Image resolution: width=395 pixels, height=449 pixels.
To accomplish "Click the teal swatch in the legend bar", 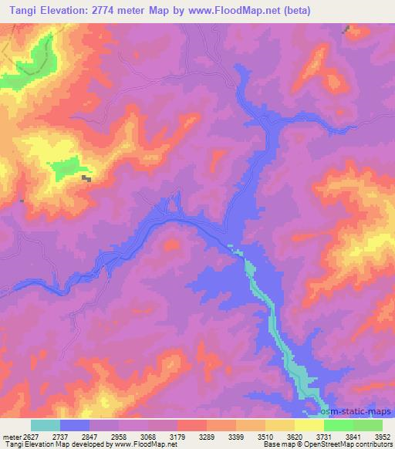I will coord(46,425).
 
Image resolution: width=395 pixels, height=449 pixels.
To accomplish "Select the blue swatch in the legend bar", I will coord(75,425).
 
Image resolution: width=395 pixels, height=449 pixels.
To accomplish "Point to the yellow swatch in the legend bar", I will coord(309,425).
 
